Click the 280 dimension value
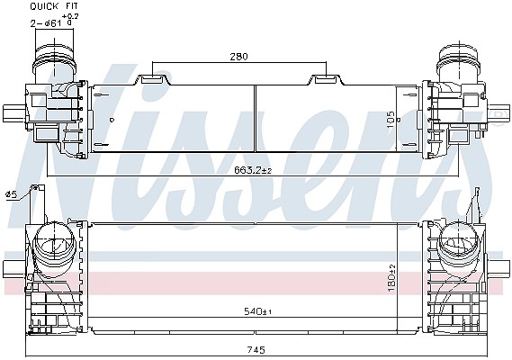point(239,57)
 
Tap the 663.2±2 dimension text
point(253,170)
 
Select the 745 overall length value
point(256,350)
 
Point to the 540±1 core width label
point(258,311)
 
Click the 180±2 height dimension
point(391,278)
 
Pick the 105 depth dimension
point(391,120)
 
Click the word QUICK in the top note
point(44,6)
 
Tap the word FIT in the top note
point(71,6)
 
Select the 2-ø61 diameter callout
point(46,23)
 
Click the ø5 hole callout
point(11,194)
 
